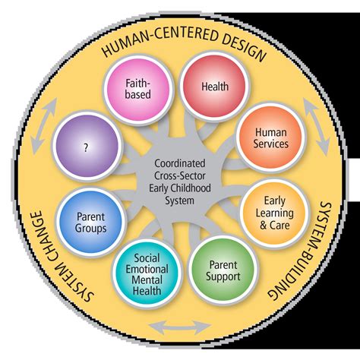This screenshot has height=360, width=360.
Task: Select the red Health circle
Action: pos(214,87)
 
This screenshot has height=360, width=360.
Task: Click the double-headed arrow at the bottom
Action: pos(181,326)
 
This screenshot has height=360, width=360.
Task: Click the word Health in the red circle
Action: pos(214,87)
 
